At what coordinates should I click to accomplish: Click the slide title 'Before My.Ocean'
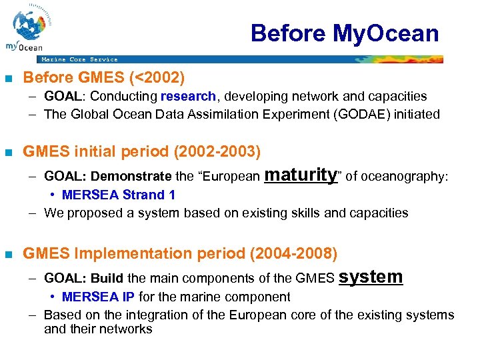coord(345,33)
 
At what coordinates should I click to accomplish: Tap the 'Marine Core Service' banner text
coord(79,59)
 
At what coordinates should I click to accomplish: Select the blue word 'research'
coord(188,97)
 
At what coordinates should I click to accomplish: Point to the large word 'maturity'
coord(301,175)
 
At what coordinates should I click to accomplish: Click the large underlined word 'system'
coord(371,277)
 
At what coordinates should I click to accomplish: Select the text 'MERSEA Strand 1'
coord(118,195)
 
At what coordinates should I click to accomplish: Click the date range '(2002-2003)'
coord(217,152)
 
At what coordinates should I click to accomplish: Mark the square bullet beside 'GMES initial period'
coord(9,153)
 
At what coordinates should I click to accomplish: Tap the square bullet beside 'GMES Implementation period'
coord(9,255)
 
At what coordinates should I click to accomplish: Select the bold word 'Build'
coord(107,278)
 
